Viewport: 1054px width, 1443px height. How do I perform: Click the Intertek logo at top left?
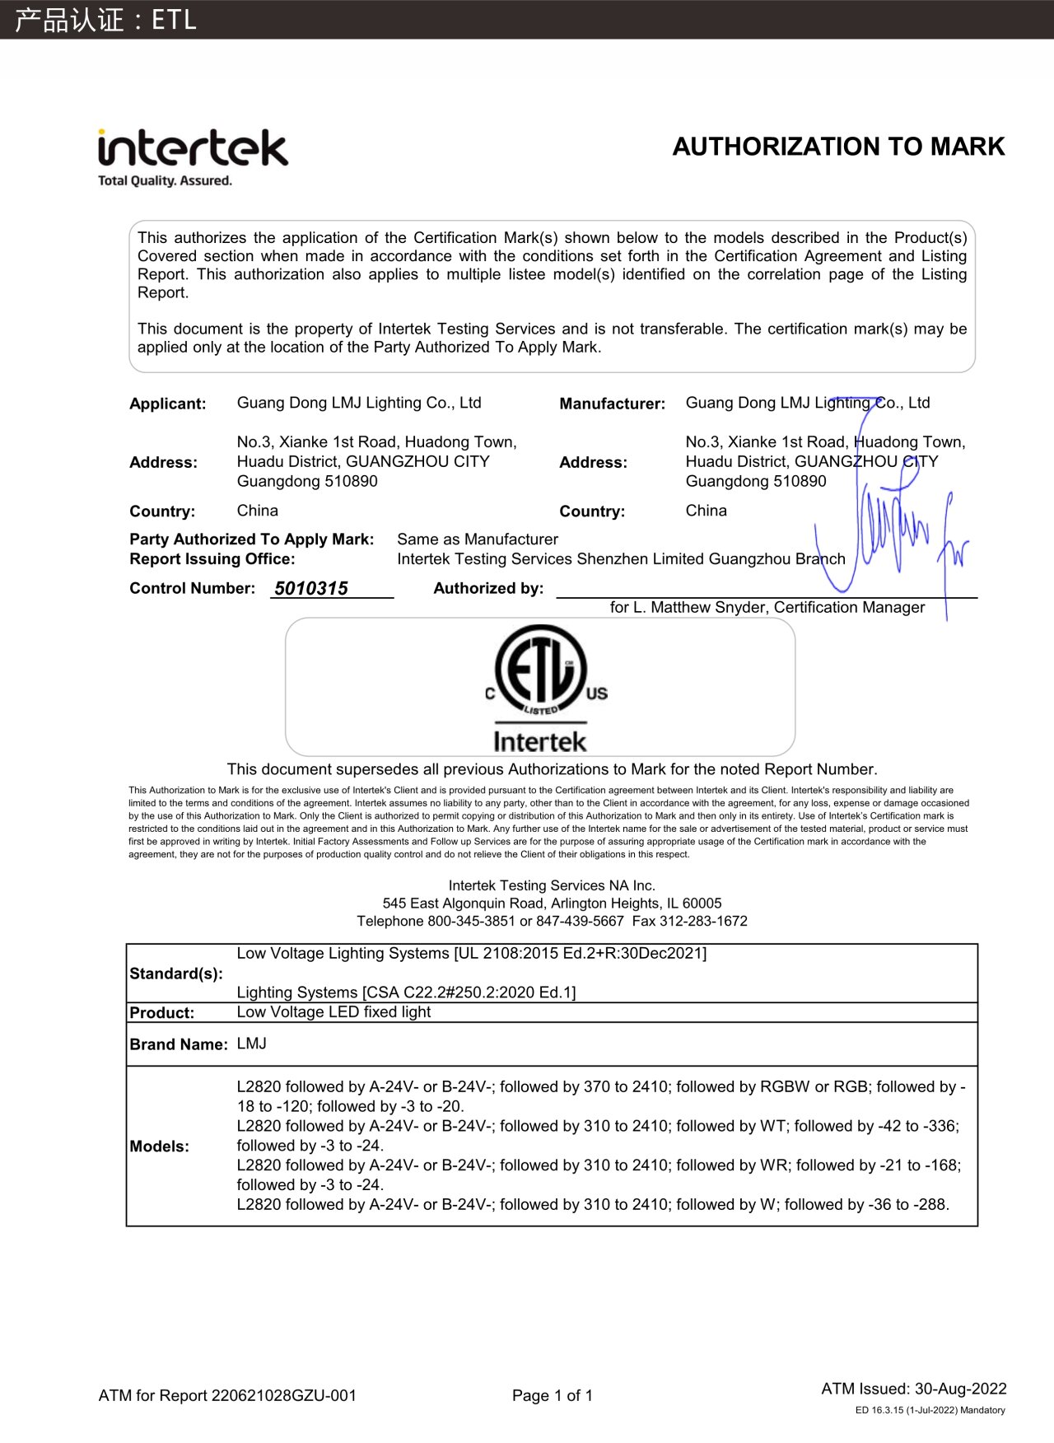pos(193,149)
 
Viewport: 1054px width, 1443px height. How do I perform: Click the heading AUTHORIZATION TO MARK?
pos(838,147)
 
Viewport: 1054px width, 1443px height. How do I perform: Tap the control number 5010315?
pos(311,588)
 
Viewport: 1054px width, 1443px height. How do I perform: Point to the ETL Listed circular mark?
pos(541,670)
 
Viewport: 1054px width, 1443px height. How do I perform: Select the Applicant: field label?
pos(168,404)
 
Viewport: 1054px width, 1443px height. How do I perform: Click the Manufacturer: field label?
pos(612,404)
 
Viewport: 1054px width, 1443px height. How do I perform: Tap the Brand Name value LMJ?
pos(252,1044)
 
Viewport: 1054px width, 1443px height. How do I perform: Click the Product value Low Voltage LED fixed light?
pos(333,1011)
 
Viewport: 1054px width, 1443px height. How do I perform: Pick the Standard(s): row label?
pos(176,974)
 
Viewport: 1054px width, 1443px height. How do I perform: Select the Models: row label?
pos(159,1146)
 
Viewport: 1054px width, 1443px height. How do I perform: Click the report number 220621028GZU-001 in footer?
pos(284,1395)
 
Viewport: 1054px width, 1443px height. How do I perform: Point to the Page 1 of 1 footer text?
pos(552,1395)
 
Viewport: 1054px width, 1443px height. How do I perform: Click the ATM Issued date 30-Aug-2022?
pos(960,1389)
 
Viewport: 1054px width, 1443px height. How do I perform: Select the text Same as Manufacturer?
pos(478,539)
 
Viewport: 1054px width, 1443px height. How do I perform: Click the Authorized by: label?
pos(488,588)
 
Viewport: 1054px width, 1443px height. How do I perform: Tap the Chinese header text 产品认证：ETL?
pos(105,19)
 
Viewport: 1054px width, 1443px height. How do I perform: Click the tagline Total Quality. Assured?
pos(165,180)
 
